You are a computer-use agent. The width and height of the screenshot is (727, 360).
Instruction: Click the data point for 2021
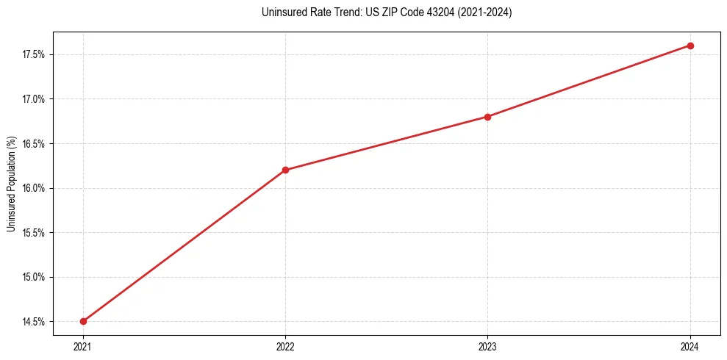pyautogui.click(x=83, y=321)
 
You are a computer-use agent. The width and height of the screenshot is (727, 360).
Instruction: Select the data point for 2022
pyautogui.click(x=285, y=170)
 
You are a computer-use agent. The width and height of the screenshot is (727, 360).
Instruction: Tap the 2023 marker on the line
pyautogui.click(x=487, y=116)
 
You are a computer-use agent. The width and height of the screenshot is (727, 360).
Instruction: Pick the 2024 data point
pyautogui.click(x=690, y=46)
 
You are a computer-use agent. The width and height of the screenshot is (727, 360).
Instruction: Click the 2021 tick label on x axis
pyautogui.click(x=83, y=346)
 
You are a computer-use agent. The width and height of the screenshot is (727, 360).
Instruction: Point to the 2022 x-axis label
pyautogui.click(x=285, y=346)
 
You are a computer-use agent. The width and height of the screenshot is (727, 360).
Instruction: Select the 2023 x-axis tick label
pyautogui.click(x=487, y=346)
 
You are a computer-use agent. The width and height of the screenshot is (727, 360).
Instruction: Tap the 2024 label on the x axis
pyautogui.click(x=690, y=346)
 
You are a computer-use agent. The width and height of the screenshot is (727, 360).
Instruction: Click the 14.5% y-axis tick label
pyautogui.click(x=35, y=322)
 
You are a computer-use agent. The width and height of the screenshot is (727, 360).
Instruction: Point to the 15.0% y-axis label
pyautogui.click(x=35, y=277)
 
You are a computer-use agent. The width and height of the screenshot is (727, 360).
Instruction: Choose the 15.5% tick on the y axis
pyautogui.click(x=35, y=233)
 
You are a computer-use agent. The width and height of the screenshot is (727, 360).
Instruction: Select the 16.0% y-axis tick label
pyautogui.click(x=35, y=188)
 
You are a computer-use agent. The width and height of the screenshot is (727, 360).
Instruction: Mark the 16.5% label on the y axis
pyautogui.click(x=35, y=144)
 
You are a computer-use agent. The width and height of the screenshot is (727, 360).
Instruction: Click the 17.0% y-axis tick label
pyautogui.click(x=35, y=99)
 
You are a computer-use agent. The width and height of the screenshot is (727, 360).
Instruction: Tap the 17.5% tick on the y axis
pyautogui.click(x=35, y=54)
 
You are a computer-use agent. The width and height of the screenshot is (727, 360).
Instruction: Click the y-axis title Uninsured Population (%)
pyautogui.click(x=11, y=184)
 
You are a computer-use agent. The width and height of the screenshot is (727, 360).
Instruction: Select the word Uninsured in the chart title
pyautogui.click(x=282, y=12)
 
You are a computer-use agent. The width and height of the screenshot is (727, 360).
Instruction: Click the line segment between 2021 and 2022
pyautogui.click(x=184, y=245)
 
